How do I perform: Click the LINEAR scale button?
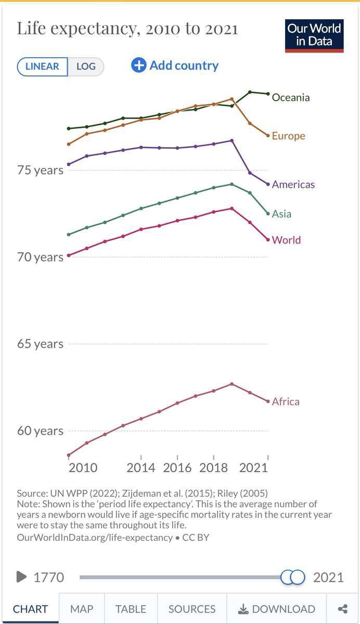42,67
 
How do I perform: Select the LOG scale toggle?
86,67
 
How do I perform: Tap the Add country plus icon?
139,66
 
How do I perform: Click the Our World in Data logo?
314,35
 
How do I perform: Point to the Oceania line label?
290,97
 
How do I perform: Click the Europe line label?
288,136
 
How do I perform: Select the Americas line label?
293,184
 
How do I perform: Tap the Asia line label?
281,214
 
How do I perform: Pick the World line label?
286,240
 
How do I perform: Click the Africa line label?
286,401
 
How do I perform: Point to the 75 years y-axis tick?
41,170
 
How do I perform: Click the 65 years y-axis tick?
41,344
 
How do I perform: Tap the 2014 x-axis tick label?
141,467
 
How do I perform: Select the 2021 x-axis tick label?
253,467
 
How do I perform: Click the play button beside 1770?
21,577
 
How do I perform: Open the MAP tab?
82,609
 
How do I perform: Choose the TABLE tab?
131,609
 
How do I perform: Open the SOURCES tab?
192,609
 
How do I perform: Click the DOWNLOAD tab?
277,609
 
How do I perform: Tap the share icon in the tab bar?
342,609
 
